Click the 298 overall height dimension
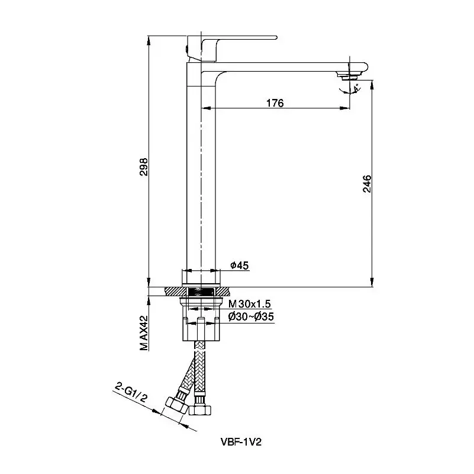point(144,166)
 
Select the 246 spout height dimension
point(367,184)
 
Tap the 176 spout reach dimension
point(275,103)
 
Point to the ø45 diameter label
point(240,265)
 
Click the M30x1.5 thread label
point(249,303)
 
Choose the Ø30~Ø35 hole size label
point(251,317)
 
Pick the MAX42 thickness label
point(144,333)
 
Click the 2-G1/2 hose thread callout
point(131,392)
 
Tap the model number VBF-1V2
point(241,442)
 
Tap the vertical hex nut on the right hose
point(200,410)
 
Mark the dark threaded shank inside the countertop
point(201,292)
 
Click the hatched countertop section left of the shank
point(176,292)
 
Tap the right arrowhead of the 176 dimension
point(345,108)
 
